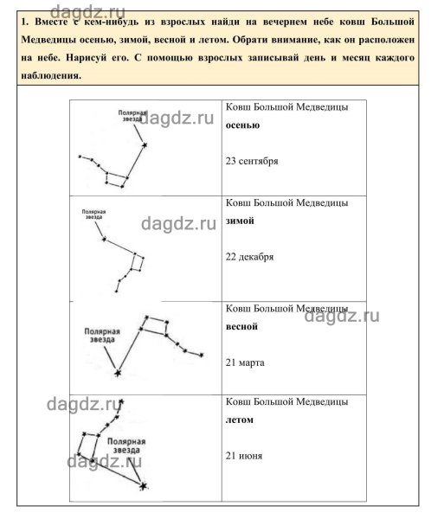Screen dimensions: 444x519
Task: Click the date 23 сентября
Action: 251,161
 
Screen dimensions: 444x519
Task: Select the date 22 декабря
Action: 249,257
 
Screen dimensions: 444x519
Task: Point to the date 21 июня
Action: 243,456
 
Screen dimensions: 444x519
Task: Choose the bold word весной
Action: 241,327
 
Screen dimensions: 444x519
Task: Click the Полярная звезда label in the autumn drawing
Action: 136,116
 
